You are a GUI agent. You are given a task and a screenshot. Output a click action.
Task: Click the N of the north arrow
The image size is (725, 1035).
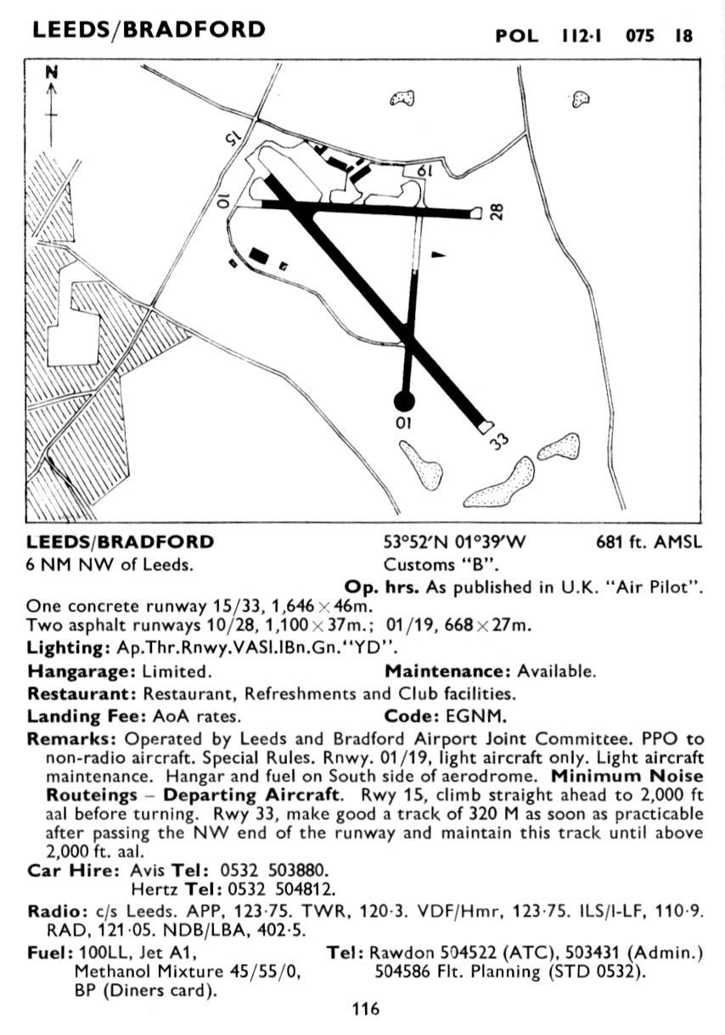point(52,74)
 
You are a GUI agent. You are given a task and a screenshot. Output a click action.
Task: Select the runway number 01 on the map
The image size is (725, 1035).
point(403,422)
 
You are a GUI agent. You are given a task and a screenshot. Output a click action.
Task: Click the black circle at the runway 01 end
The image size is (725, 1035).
point(404,400)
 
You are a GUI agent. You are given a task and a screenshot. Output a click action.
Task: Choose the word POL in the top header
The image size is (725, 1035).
point(518,36)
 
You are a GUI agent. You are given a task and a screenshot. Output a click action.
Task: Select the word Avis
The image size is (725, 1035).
point(148,871)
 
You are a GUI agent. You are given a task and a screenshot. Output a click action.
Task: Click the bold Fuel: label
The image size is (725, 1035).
point(50,953)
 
